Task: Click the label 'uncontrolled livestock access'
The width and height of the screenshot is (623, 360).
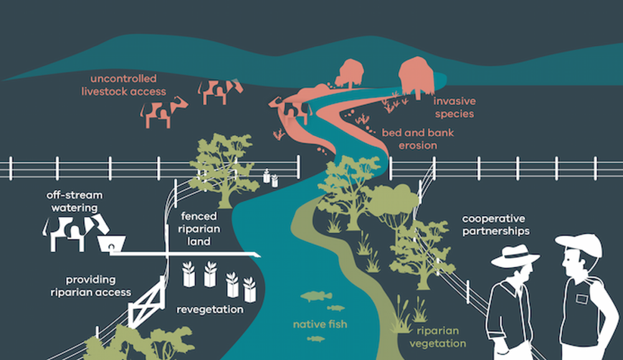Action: (123, 85)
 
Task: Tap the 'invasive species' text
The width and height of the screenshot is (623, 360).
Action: (454, 107)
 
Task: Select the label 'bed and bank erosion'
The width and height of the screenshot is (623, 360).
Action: (417, 139)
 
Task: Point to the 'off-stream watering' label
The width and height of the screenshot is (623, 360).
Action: (74, 201)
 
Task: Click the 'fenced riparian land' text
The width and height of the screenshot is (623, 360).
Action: (199, 229)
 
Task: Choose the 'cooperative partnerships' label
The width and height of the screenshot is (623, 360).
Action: (495, 224)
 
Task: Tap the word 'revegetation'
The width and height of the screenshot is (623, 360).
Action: (210, 309)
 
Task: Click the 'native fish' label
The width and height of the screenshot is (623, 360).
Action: (320, 324)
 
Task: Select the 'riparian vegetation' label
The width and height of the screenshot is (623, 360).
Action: (437, 337)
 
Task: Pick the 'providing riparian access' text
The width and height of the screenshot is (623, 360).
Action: (90, 286)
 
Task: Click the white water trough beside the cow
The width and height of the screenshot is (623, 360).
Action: (112, 244)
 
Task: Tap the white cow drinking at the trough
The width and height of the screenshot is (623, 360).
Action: (75, 232)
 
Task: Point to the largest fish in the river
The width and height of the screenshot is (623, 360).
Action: (316, 296)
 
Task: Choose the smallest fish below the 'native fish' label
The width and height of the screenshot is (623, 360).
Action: (316, 339)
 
